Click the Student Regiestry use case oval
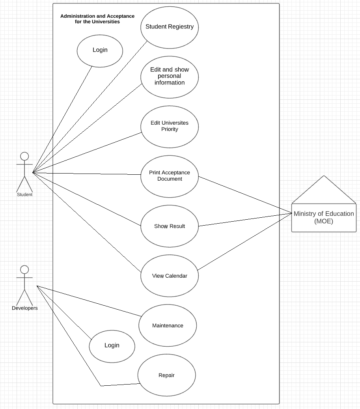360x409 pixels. pyautogui.click(x=170, y=27)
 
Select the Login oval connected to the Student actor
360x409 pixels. pyautogui.click(x=100, y=50)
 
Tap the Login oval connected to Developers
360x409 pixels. pyautogui.click(x=112, y=346)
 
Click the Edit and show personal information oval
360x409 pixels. pyautogui.click(x=170, y=77)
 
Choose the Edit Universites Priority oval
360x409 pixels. pyautogui.click(x=170, y=126)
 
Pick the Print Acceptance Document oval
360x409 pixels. pyautogui.click(x=170, y=176)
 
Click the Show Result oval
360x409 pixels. pyautogui.click(x=170, y=226)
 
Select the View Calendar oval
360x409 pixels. pyautogui.click(x=170, y=276)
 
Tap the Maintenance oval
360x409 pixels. pyautogui.click(x=168, y=325)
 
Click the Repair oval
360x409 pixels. pyautogui.click(x=166, y=375)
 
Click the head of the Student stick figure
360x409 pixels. pyautogui.click(x=24, y=156)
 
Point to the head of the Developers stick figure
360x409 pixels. pyautogui.click(x=24, y=270)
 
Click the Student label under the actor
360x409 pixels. pyautogui.click(x=24, y=194)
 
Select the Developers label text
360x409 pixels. pyautogui.click(x=24, y=308)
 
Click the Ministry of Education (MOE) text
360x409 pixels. pyautogui.click(x=324, y=217)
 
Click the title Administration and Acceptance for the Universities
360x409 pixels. pyautogui.click(x=97, y=19)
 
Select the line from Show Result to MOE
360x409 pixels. pyautogui.click(x=244, y=220)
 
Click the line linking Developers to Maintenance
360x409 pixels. pyautogui.click(x=89, y=301)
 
